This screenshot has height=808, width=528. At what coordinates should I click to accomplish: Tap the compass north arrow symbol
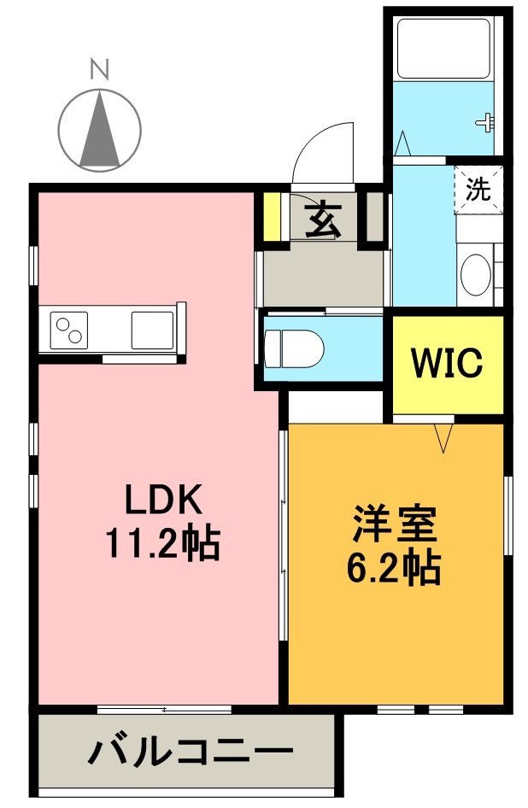(101, 128)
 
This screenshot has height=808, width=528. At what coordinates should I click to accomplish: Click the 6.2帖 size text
(394, 568)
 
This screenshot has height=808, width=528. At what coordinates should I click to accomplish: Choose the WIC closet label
(448, 364)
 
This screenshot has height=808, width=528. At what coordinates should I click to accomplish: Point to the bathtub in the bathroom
(443, 46)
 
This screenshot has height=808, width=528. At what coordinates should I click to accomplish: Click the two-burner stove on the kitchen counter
(69, 328)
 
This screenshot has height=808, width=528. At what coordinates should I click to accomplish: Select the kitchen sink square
(152, 328)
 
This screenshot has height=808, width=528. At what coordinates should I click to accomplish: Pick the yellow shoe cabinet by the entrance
(272, 219)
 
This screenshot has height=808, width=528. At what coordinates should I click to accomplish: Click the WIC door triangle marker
(443, 438)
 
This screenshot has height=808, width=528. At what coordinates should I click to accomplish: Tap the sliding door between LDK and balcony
(164, 710)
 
